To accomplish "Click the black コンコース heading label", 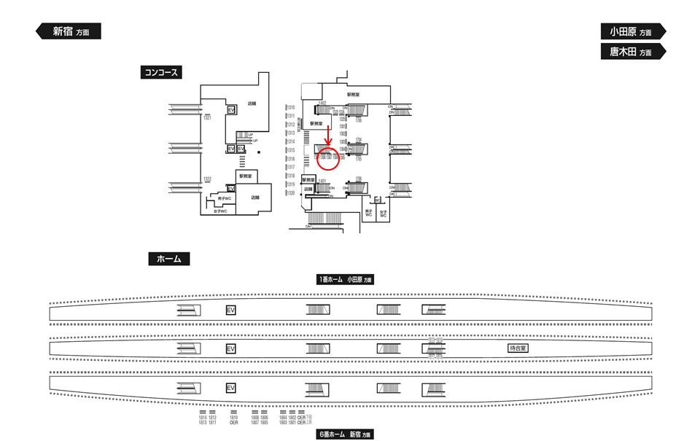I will click(x=160, y=72).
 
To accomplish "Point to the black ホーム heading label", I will click(x=169, y=259).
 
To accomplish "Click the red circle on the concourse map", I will click(x=328, y=159).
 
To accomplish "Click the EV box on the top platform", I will click(x=231, y=310).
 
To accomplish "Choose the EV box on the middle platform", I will click(x=231, y=349).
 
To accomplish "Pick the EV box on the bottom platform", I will click(x=231, y=388).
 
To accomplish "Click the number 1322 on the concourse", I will click(x=207, y=179).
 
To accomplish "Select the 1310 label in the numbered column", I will click(x=289, y=108).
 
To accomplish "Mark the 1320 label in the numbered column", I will click(x=289, y=193).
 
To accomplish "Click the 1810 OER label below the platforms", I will click(x=233, y=419).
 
